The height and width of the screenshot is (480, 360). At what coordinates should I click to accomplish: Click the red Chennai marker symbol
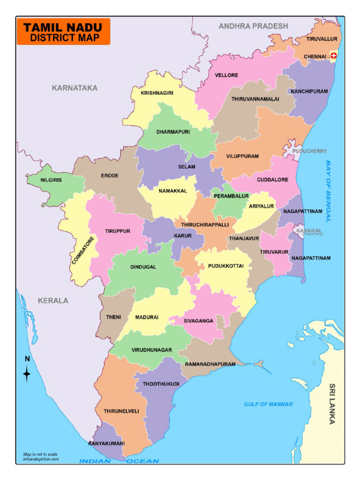(x=334, y=56)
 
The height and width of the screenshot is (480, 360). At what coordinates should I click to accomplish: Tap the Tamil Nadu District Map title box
(x=63, y=32)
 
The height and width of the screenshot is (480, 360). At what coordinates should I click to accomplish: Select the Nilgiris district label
(x=51, y=180)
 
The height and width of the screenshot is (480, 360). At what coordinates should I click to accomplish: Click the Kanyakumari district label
(x=106, y=443)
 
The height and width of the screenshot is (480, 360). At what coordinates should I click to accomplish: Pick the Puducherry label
(x=310, y=151)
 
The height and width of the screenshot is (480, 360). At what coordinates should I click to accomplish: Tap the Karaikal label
(x=309, y=231)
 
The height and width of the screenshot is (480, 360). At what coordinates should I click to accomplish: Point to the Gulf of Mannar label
(x=268, y=404)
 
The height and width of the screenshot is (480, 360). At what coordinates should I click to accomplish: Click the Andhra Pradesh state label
(x=253, y=26)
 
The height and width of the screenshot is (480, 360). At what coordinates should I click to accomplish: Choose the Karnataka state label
(x=75, y=88)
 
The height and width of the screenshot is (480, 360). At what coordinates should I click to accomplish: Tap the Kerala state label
(x=53, y=300)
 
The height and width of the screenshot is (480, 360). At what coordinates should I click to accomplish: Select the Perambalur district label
(x=231, y=196)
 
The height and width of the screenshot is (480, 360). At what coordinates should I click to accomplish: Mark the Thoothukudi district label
(x=161, y=384)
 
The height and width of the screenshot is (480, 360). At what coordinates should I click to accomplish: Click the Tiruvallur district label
(x=322, y=39)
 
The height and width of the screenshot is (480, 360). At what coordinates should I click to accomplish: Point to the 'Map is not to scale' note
(x=40, y=454)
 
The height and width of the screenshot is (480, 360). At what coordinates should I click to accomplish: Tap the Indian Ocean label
(x=119, y=461)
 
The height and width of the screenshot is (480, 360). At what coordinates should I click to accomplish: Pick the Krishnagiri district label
(x=157, y=93)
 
